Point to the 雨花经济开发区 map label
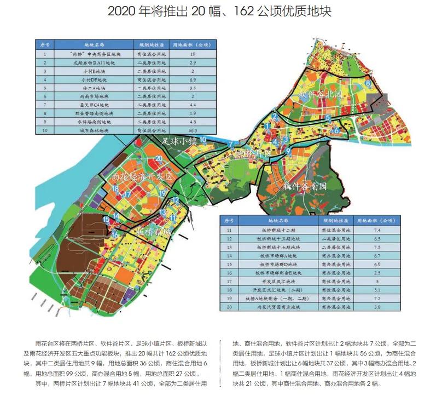[141, 178]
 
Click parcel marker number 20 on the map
[158, 159]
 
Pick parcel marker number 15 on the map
[106, 219]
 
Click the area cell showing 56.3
[193, 130]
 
